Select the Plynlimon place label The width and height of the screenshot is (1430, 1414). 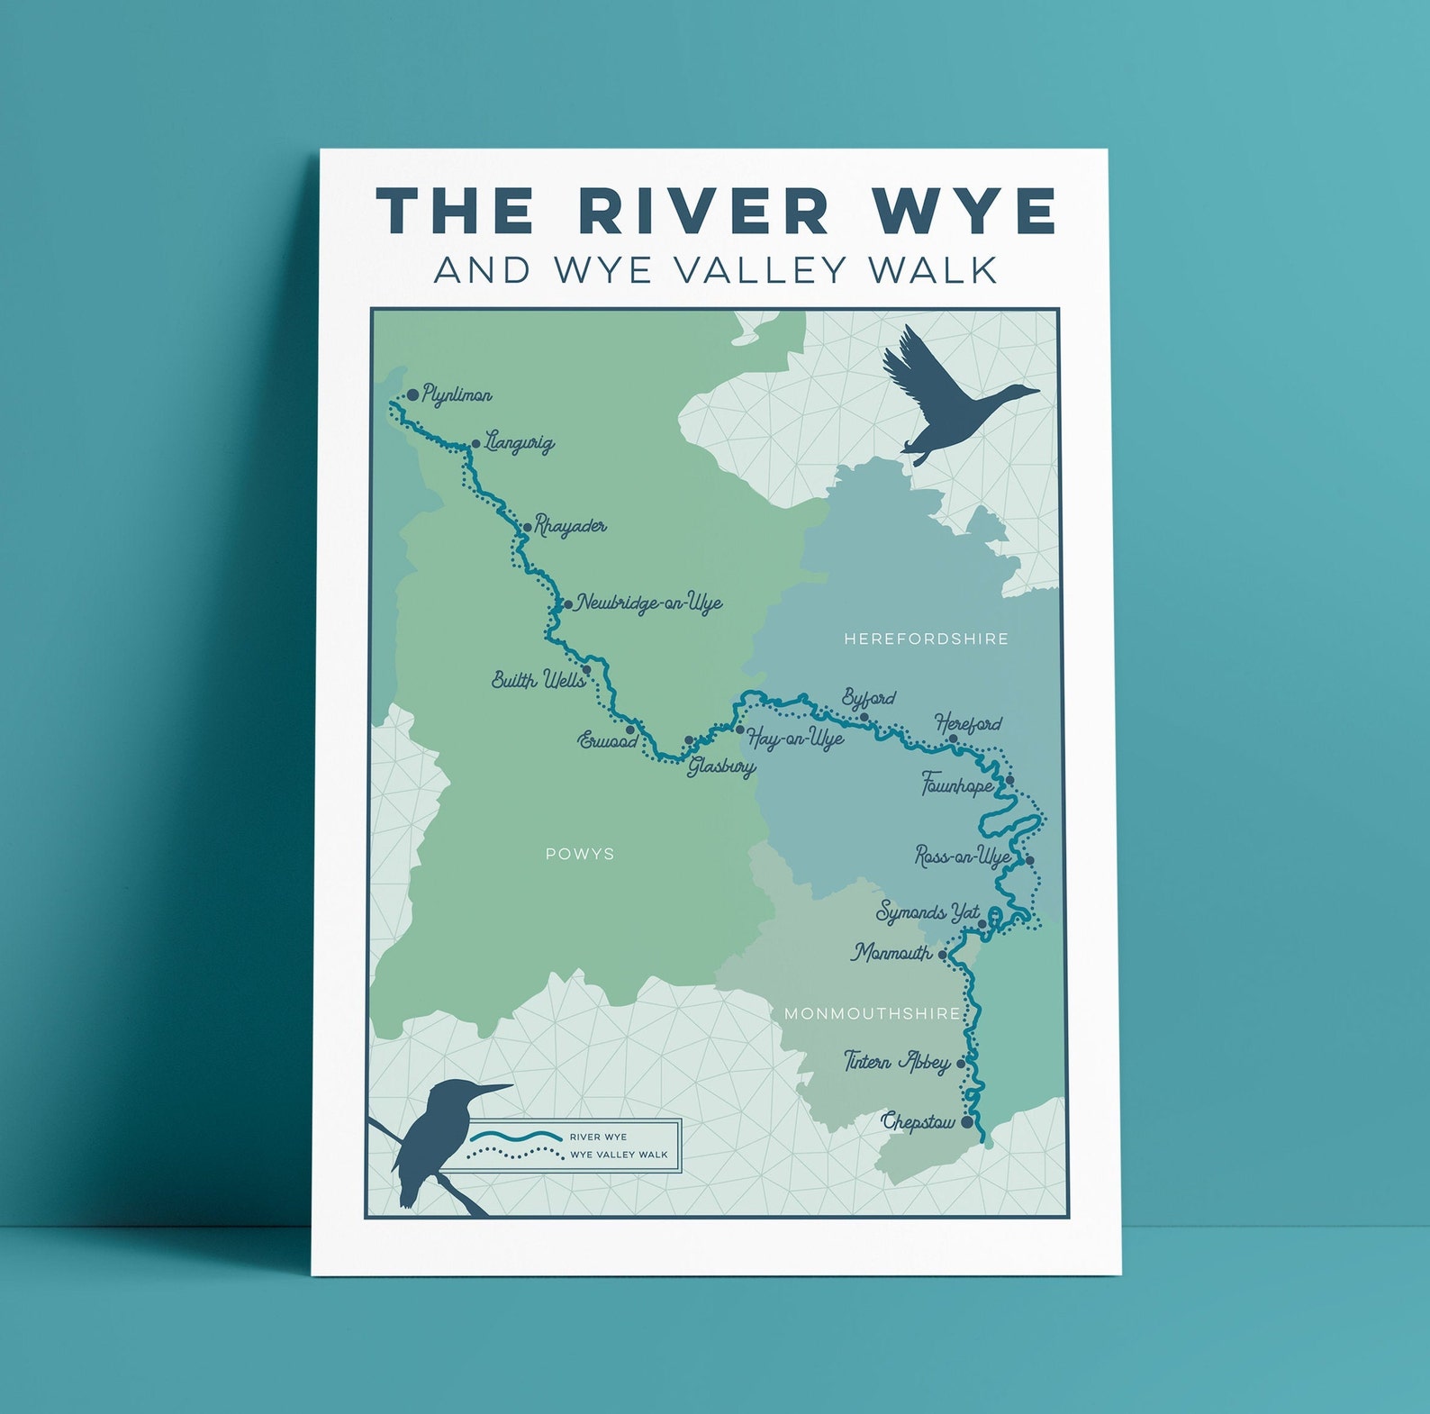click(457, 395)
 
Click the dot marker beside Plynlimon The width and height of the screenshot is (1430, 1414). click(412, 394)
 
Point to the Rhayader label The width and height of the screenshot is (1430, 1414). click(571, 526)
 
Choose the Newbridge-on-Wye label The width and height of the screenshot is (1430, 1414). click(649, 603)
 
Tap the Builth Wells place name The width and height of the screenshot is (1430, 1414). click(538, 680)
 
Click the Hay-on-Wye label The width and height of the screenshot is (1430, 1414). click(795, 739)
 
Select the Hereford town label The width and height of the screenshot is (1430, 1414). click(968, 724)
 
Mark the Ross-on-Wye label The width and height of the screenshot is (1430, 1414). click(963, 857)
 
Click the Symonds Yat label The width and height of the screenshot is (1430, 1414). click(928, 913)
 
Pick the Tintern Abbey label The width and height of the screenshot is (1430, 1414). click(897, 1063)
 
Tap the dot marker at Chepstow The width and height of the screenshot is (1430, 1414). click(967, 1123)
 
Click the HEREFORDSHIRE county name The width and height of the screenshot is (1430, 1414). click(926, 639)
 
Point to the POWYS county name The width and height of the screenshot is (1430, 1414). click(580, 854)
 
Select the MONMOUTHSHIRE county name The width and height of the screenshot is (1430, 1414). click(872, 1014)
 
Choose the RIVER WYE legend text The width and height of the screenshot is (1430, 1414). click(598, 1138)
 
